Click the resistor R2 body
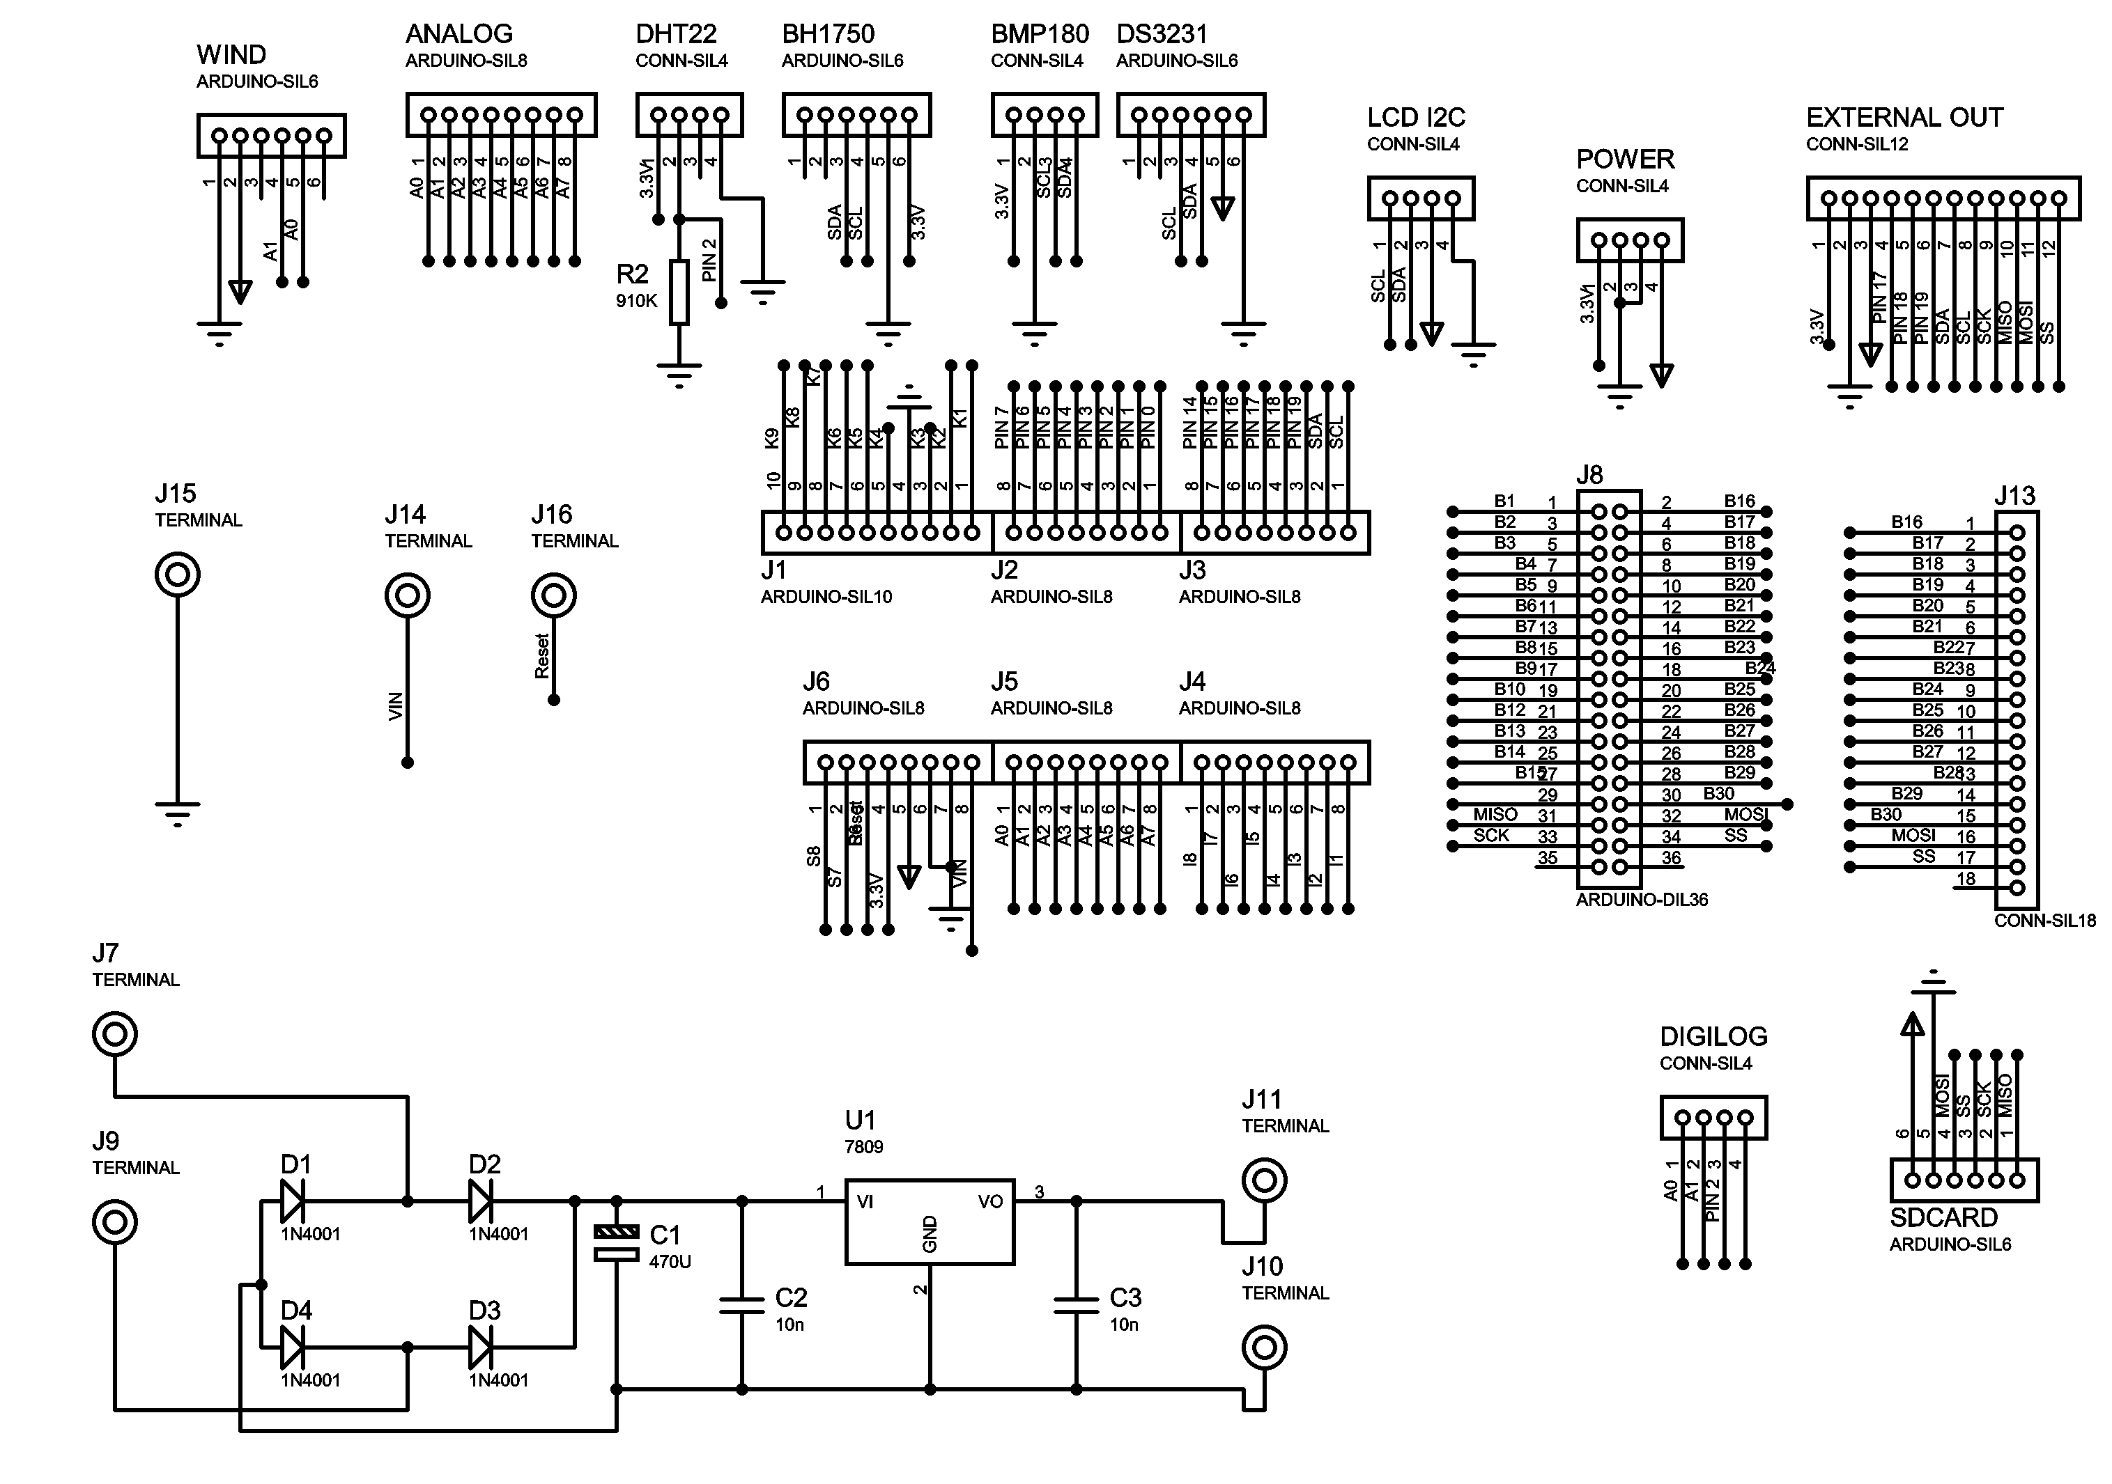(679, 292)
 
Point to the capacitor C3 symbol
(1077, 1305)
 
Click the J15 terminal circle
(178, 575)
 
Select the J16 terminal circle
(554, 596)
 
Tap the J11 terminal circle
(1264, 1180)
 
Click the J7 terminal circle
(115, 1034)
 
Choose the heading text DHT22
(675, 35)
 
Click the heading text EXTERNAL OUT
(1904, 118)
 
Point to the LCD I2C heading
(1416, 118)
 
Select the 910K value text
(637, 301)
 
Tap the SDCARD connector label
(1943, 1218)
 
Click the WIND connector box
(270, 136)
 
